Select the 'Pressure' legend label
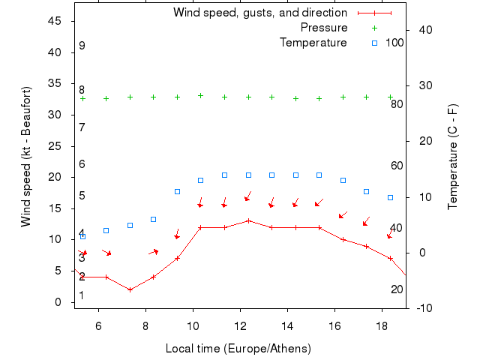click(324, 28)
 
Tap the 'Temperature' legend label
click(313, 43)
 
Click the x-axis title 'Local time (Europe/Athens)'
click(238, 349)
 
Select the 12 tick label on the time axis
click(240, 325)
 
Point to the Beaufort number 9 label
click(82, 46)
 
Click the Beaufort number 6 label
click(82, 164)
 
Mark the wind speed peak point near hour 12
click(248, 220)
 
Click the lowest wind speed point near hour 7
click(130, 289)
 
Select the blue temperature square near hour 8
click(153, 220)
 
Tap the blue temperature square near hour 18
click(390, 197)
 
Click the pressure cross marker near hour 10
click(200, 95)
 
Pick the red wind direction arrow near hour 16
click(343, 215)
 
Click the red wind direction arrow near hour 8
click(154, 251)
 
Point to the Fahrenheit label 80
click(397, 104)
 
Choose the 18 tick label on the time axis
click(382, 325)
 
